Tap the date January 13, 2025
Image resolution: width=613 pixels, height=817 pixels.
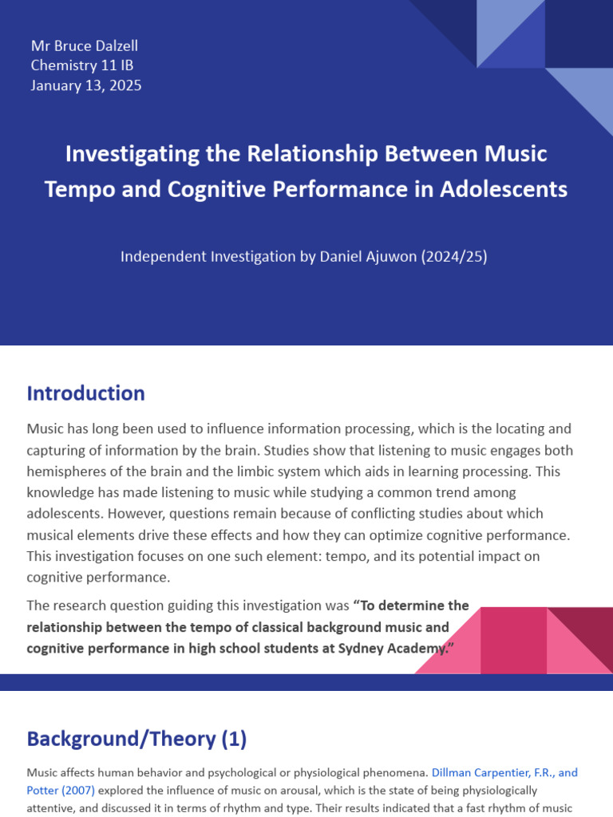(86, 85)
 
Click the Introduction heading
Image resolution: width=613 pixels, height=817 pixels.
(85, 393)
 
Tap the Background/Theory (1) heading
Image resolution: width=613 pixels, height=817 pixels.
(136, 739)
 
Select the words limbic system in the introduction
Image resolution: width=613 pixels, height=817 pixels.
(245, 471)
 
